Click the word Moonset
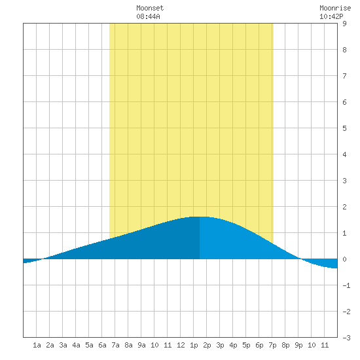pos(150,8)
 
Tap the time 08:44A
pos(148,16)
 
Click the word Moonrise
pos(335,8)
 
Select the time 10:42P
pos(331,16)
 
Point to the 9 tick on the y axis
pos(344,24)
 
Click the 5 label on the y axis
pos(344,128)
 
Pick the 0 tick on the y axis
pos(344,259)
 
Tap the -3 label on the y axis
pos(346,338)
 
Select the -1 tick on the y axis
pos(346,285)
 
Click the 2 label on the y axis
pos(344,207)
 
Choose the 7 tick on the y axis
pos(344,76)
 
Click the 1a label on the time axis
pos(37,345)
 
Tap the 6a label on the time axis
pos(102,345)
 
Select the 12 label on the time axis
pos(181,345)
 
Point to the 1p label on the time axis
pos(194,345)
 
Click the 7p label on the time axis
pos(272,345)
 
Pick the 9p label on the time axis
pos(298,345)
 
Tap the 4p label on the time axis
pos(233,345)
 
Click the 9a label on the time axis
pos(141,345)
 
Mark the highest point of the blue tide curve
pos(199,217)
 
